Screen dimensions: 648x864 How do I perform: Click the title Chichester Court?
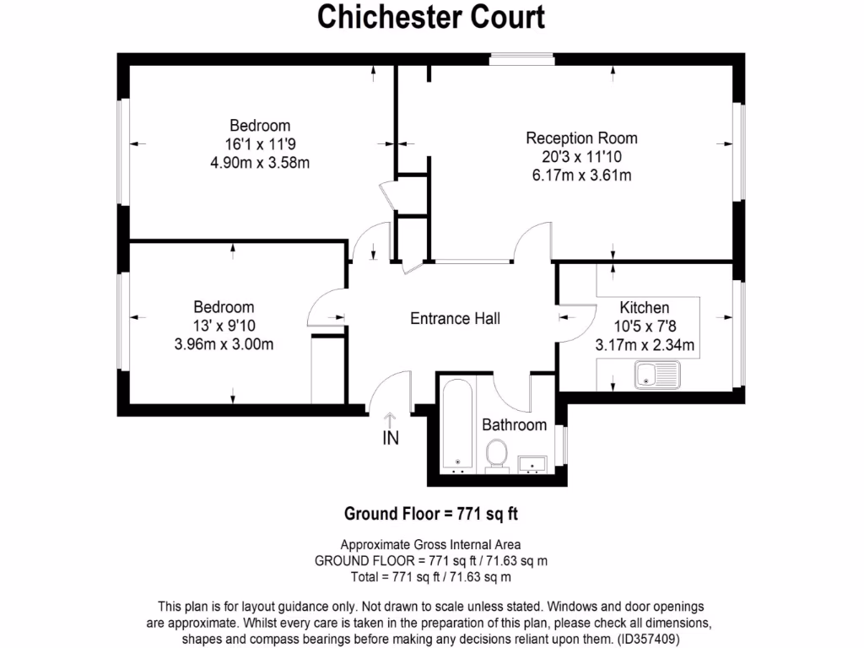click(x=431, y=17)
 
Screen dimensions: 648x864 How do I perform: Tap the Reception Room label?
click(x=581, y=138)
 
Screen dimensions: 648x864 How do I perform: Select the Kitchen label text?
click(x=645, y=308)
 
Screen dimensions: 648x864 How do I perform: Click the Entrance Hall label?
click(x=455, y=318)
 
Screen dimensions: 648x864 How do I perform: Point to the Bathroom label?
click(x=514, y=424)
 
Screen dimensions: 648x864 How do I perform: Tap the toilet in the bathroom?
click(x=496, y=456)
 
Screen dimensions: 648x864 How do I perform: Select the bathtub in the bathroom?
click(x=457, y=426)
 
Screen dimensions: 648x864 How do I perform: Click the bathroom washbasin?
click(x=532, y=463)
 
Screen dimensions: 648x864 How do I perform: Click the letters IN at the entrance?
click(x=391, y=438)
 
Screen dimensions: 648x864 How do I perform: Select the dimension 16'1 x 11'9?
click(x=260, y=144)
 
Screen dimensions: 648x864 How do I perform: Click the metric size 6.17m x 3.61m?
click(x=581, y=175)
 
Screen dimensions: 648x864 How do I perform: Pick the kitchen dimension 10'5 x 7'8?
click(x=645, y=327)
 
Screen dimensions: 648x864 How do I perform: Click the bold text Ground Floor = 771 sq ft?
click(x=436, y=513)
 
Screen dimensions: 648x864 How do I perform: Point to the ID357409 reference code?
click(x=648, y=640)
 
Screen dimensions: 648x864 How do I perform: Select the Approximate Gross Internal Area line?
click(x=430, y=544)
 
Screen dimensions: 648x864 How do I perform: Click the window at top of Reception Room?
click(x=521, y=58)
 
